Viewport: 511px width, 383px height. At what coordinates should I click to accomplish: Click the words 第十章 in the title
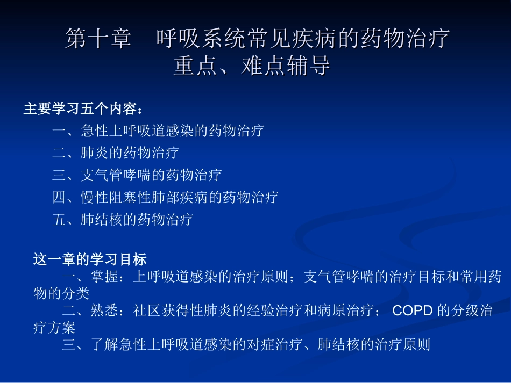[x=98, y=39]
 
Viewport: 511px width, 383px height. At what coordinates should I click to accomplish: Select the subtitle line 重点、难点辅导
[x=251, y=67]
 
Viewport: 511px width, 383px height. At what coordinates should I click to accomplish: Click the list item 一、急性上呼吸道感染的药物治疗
[x=158, y=131]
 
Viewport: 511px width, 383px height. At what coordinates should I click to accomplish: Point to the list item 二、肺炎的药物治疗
[x=116, y=153]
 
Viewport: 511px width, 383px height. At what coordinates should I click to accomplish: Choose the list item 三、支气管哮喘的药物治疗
[x=137, y=175]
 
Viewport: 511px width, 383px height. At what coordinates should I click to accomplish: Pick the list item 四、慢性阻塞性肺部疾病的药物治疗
[x=165, y=197]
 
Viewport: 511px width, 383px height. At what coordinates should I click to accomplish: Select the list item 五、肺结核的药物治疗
[x=123, y=220]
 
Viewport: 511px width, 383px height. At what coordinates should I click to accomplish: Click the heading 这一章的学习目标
[x=90, y=260]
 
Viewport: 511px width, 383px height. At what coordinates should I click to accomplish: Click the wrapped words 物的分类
[x=61, y=294]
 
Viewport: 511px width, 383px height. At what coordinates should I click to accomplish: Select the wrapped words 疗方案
[x=54, y=327]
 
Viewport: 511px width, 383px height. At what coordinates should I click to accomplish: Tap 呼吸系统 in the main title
[x=191, y=39]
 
